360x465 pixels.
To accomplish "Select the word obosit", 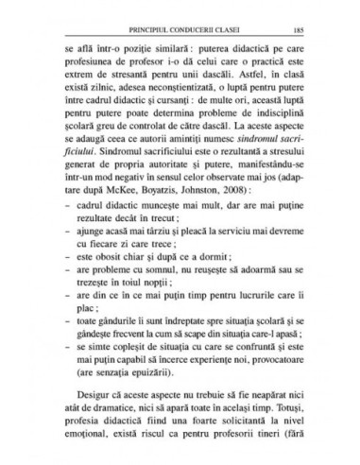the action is [104, 268].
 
